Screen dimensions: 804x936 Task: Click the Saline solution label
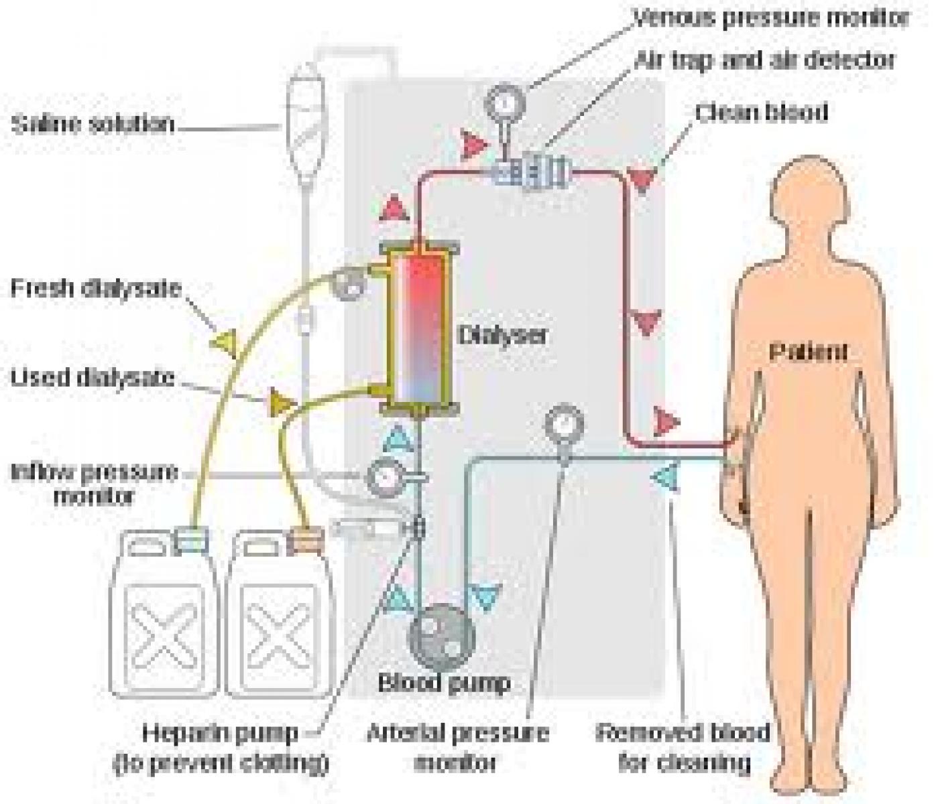point(93,125)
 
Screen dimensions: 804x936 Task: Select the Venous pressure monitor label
point(771,19)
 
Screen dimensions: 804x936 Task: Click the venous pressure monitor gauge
point(505,103)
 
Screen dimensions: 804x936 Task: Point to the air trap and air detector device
point(533,171)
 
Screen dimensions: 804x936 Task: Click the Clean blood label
point(761,113)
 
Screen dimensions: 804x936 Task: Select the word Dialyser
point(502,334)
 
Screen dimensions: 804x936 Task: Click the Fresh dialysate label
point(96,289)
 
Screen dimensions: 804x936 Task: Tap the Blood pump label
point(444,683)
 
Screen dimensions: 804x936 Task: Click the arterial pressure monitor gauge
point(564,424)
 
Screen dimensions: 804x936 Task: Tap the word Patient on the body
point(808,352)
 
